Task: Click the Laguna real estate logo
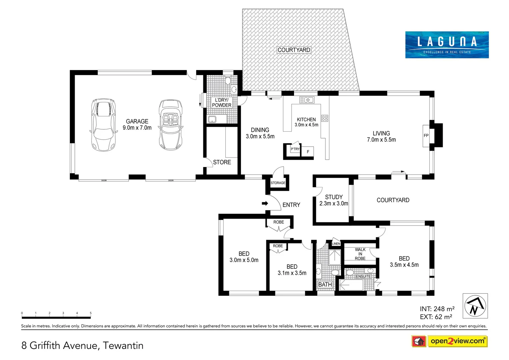[447, 45]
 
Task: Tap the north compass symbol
[475, 306]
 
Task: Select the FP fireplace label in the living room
[426, 135]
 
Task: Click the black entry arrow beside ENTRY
[265, 203]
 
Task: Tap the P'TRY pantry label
[295, 149]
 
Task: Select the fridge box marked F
[308, 152]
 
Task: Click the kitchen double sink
[306, 100]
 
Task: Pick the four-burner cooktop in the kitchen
[325, 118]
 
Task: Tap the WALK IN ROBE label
[360, 254]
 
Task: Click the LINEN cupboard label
[336, 244]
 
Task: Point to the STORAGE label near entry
[278, 183]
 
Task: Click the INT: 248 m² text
[437, 309]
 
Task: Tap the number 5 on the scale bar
[91, 313]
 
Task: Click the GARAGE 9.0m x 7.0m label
[137, 124]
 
